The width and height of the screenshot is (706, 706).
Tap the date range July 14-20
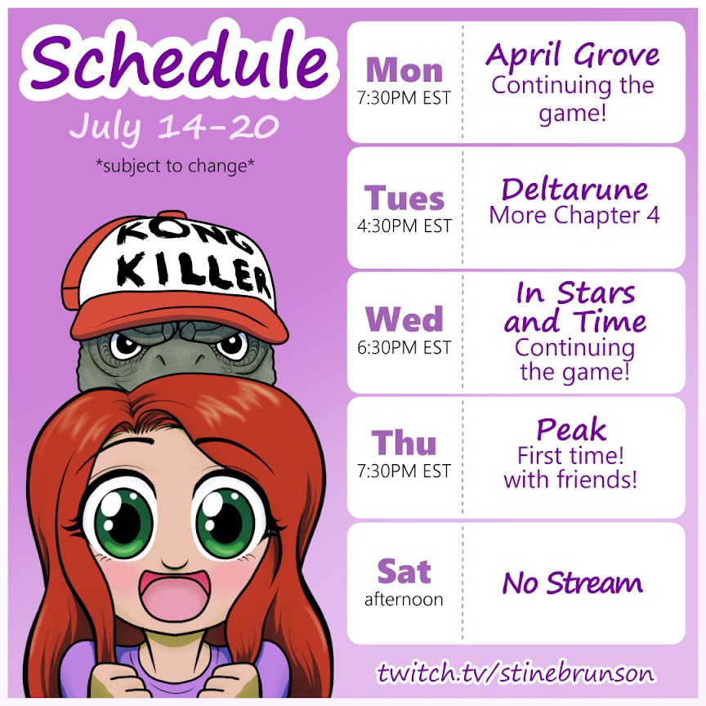pos(174,127)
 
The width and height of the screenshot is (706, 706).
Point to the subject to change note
pos(175,166)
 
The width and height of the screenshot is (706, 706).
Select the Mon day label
pos(404,70)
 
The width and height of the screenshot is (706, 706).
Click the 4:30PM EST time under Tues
pos(404,226)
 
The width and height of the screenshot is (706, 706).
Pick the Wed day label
pos(404,319)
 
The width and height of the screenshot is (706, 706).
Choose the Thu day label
pos(404,443)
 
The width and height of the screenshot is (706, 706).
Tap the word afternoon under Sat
pos(404,599)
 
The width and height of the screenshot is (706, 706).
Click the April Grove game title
pos(572,56)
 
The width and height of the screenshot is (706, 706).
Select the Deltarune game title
pos(574,189)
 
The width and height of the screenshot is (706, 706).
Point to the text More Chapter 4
pos(574,215)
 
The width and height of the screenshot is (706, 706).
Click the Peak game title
pos(571,429)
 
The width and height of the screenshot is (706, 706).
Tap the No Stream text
pos(572,583)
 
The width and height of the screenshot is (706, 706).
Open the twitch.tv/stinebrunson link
pos(516,673)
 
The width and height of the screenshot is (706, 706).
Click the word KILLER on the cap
pos(194,272)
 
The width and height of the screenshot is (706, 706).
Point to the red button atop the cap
pos(171,214)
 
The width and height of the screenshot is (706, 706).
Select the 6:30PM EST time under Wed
pos(404,347)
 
